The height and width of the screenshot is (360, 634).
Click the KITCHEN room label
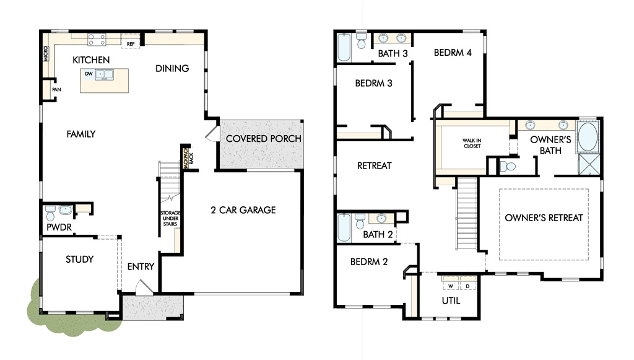(91, 60)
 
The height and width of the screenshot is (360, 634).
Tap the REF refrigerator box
(131, 44)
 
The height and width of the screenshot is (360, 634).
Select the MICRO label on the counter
(46, 53)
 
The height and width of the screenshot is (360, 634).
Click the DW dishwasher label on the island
(89, 74)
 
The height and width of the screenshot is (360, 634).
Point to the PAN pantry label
(56, 89)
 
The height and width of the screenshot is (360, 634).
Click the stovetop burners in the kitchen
(97, 40)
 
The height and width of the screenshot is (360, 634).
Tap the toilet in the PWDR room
(50, 213)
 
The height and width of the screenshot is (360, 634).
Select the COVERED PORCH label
(264, 139)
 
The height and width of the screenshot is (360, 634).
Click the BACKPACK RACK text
(188, 158)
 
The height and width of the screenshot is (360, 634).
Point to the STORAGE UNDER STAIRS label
(170, 219)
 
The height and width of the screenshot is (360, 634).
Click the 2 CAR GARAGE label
(243, 210)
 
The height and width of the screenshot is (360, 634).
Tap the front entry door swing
(144, 287)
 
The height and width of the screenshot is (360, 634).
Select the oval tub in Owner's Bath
(588, 136)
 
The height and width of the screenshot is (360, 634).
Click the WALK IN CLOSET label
(472, 143)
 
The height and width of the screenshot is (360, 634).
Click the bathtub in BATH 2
(344, 228)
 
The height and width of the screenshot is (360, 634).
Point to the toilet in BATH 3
(361, 40)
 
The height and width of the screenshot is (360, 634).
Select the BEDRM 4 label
(453, 53)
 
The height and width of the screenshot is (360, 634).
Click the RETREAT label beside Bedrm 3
(375, 165)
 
